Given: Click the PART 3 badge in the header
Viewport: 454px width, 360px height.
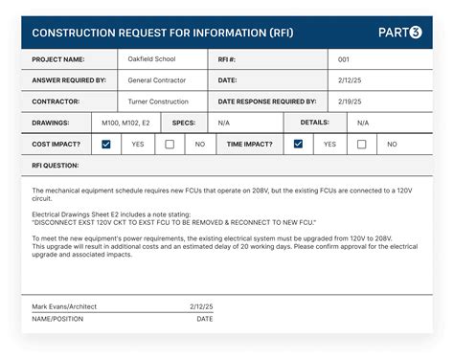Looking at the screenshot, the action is coord(399,33).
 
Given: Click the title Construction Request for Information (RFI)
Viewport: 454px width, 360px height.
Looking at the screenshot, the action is coord(163,33).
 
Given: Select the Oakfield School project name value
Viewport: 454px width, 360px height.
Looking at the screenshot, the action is coord(150,59).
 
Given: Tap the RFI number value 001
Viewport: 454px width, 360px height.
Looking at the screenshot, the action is coord(344,59).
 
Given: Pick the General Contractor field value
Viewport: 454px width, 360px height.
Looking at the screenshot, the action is coord(157,80).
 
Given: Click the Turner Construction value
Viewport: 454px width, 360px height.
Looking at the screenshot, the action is coord(159,101).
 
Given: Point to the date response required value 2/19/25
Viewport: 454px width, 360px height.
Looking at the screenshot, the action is coord(350,101).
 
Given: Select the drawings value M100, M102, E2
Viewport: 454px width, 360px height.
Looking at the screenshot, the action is coord(125,123).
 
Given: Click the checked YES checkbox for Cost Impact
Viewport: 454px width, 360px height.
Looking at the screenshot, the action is coord(106,144).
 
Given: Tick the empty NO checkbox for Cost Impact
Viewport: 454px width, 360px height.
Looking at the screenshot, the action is coord(170,144).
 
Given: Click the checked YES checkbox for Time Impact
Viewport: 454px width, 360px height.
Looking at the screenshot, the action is coord(298,144).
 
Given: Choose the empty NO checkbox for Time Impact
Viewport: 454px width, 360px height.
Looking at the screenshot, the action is coord(361,144).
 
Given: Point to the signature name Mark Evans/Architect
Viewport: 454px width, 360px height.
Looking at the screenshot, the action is coord(64,306).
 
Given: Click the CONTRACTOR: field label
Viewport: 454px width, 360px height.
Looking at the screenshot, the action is coord(56,101).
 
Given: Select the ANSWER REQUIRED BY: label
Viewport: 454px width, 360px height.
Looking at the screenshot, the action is coord(69,80).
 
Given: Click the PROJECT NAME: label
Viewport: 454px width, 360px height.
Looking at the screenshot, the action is coord(58,59).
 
